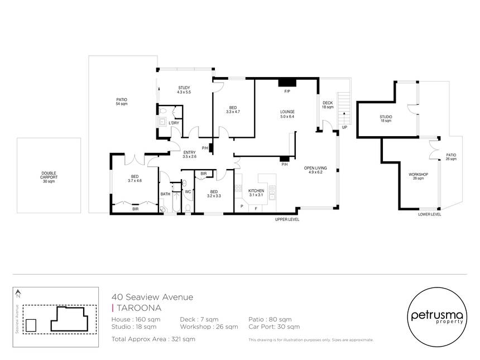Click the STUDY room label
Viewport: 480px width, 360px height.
click(184, 90)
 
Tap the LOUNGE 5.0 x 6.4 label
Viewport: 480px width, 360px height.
click(287, 114)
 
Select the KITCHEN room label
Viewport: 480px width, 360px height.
click(256, 193)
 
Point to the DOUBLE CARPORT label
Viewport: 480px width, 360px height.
click(49, 177)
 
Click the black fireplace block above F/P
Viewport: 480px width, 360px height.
click(287, 83)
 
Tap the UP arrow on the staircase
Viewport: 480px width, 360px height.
click(344, 118)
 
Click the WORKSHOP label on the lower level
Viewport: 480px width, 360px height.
click(419, 176)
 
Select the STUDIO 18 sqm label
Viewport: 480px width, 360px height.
click(386, 119)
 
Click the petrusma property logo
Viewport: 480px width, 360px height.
click(437, 317)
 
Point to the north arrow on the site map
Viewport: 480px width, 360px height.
click(18, 294)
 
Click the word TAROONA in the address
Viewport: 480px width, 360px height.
click(139, 308)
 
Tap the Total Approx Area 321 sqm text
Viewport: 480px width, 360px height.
click(153, 339)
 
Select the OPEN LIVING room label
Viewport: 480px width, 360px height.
click(315, 170)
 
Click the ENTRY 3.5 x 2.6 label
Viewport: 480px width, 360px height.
click(190, 154)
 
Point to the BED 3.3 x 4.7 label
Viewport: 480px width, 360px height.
click(233, 109)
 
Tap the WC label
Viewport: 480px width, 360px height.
click(188, 192)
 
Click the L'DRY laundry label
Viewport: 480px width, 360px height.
click(174, 123)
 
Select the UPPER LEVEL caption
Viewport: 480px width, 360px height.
click(287, 219)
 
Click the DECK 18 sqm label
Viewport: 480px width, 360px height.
click(328, 105)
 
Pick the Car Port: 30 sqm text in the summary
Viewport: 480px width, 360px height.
click(274, 327)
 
